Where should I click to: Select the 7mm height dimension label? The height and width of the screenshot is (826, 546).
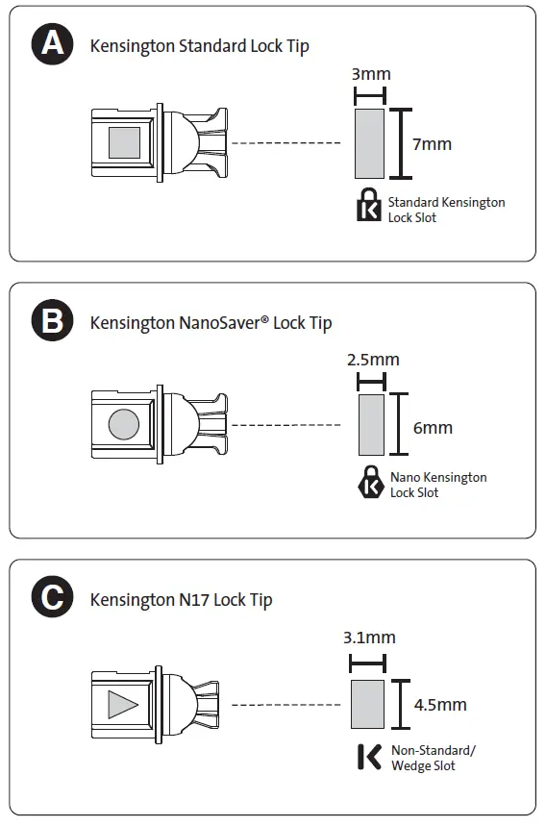[432, 144]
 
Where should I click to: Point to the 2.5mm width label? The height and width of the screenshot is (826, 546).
[372, 360]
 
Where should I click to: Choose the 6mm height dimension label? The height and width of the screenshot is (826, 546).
[433, 428]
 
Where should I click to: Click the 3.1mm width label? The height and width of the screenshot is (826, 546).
[369, 638]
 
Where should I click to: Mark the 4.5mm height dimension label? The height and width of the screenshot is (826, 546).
[440, 705]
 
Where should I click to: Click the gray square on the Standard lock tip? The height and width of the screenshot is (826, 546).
[124, 143]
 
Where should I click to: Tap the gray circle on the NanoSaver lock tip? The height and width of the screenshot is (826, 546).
[123, 423]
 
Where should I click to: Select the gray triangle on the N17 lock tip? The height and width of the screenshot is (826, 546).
[121, 705]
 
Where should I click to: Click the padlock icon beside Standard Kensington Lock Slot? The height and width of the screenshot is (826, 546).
[368, 206]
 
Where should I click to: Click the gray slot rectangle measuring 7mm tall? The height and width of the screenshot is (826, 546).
[370, 143]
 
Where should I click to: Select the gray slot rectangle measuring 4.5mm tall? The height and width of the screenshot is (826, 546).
[368, 705]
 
